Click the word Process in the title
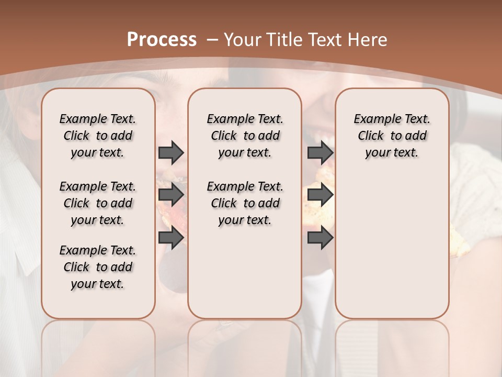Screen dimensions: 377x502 [162, 40]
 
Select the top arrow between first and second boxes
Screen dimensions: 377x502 [171, 152]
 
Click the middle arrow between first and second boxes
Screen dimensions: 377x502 [171, 195]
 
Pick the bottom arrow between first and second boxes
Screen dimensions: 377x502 [171, 238]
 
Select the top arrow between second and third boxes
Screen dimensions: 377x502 [320, 152]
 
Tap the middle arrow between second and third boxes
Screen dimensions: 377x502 [320, 195]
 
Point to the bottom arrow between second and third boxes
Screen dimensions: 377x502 [320, 238]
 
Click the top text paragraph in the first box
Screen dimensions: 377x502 [98, 136]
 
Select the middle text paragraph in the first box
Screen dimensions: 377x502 [98, 203]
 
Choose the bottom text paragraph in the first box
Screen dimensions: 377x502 [98, 267]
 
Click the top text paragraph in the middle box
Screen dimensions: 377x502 [245, 136]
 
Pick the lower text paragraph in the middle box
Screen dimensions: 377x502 [245, 203]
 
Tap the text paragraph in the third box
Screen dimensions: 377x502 [392, 136]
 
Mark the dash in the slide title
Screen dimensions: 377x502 [212, 40]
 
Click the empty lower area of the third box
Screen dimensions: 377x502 [392, 246]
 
